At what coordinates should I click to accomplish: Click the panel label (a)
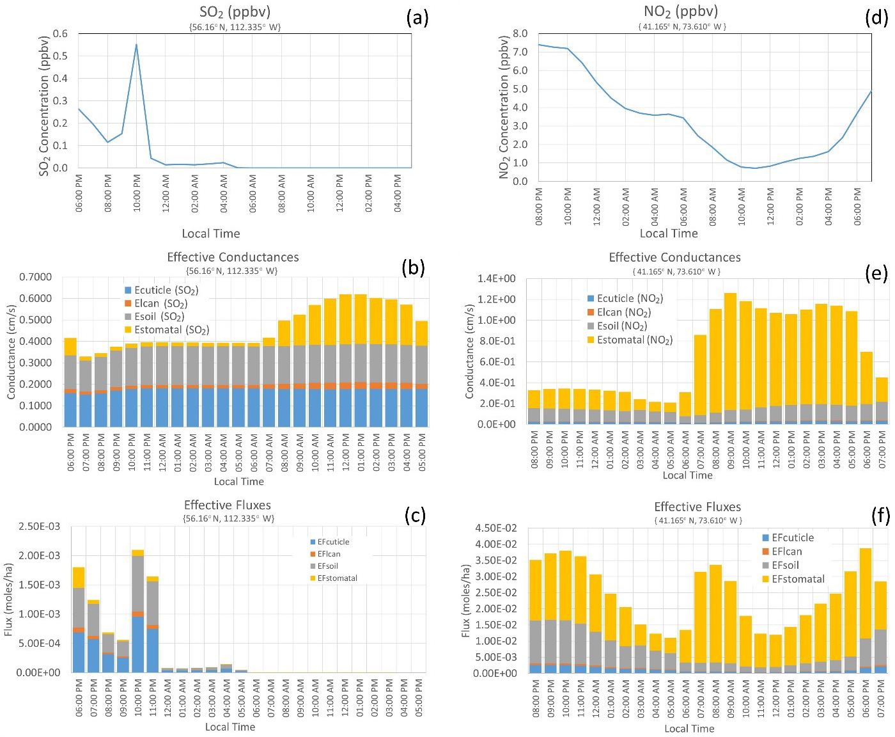click(417, 18)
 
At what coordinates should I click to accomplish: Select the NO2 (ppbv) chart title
click(681, 12)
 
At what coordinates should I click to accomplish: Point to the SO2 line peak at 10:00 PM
click(136, 45)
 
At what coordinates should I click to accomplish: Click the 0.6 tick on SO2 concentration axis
click(61, 34)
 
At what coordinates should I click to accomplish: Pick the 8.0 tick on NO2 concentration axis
click(520, 33)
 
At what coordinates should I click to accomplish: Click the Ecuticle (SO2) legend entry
click(162, 290)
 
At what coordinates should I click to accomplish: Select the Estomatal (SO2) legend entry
click(167, 330)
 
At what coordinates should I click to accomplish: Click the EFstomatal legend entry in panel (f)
click(793, 579)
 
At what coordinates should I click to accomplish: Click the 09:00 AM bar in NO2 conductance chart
click(730, 358)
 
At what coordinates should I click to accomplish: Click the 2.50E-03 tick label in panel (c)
click(40, 527)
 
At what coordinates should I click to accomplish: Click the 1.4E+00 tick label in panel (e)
click(497, 278)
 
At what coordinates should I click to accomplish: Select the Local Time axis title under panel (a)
click(211, 234)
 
